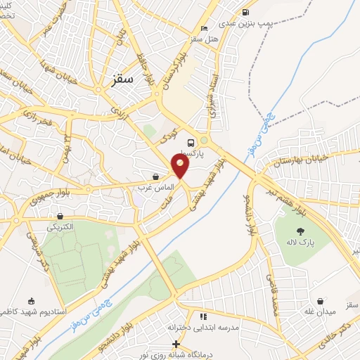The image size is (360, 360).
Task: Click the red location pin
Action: [x=181, y=165]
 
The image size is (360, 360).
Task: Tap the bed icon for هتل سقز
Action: [x=205, y=29]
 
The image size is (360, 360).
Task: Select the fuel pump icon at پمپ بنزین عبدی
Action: [x=245, y=12]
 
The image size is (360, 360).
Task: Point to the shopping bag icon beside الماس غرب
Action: [x=155, y=176]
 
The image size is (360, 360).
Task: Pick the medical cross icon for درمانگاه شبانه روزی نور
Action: [x=176, y=344]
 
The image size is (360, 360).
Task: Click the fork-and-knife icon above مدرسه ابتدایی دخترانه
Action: [x=203, y=316]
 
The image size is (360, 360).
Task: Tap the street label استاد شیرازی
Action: [x=212, y=97]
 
